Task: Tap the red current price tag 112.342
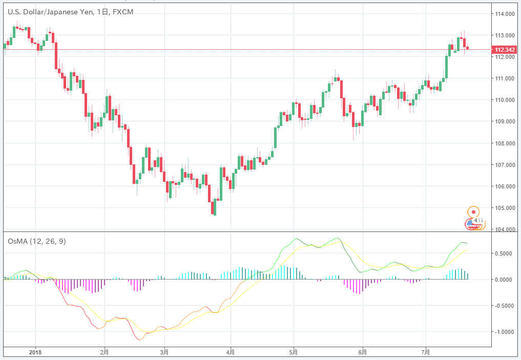[x=504, y=50]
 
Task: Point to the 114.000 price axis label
[x=504, y=14]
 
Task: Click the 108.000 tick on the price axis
[x=504, y=143]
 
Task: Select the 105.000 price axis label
[x=504, y=208]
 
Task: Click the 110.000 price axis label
[x=504, y=100]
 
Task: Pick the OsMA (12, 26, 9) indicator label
[x=37, y=241]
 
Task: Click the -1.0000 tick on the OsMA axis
[x=504, y=332]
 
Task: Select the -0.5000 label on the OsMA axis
[x=504, y=306]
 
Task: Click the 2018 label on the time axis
[x=35, y=352]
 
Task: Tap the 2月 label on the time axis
[x=104, y=352]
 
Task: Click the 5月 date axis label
[x=294, y=352]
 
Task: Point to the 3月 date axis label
[x=164, y=352]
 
